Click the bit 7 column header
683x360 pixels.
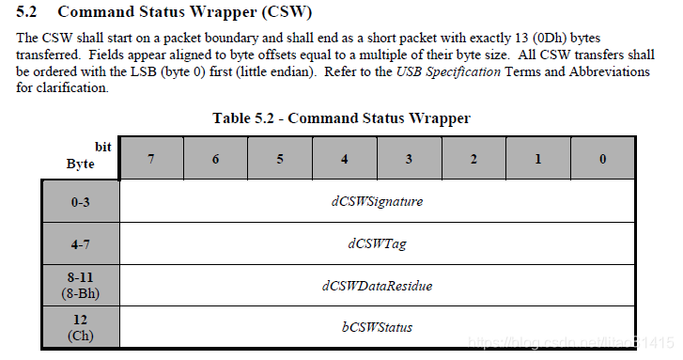151,159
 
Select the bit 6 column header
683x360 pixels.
215,159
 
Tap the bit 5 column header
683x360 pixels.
280,159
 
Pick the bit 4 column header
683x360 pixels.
345,159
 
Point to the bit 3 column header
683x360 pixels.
409,159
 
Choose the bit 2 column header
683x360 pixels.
473,159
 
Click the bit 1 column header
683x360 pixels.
538,159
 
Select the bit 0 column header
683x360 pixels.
602,159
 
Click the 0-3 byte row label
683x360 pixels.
81,201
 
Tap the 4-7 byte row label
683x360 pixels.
81,243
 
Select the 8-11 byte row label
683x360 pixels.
81,285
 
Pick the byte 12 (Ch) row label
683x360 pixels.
81,326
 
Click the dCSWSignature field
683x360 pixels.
377,201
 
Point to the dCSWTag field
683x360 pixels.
377,243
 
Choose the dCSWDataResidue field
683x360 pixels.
377,285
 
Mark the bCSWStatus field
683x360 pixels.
377,327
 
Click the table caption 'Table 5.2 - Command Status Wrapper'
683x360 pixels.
341,118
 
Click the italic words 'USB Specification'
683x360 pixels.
448,71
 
